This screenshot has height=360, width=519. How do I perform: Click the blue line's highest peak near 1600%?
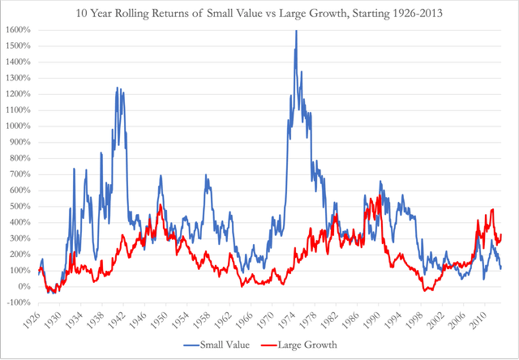[x=295, y=31]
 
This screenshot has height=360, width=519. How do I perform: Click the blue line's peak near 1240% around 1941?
[x=118, y=88]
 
